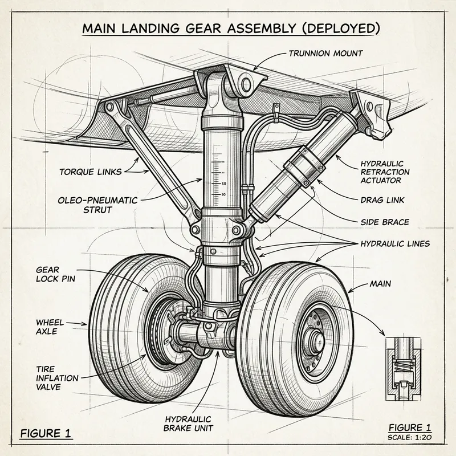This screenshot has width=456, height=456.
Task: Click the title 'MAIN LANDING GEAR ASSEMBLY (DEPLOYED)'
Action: (228, 28)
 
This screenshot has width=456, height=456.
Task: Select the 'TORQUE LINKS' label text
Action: (91, 170)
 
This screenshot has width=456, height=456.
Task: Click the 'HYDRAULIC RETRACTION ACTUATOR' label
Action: (385, 172)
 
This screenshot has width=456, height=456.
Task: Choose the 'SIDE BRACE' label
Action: (385, 222)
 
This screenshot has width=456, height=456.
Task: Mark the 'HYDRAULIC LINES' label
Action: (394, 243)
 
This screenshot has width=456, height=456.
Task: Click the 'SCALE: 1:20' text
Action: (409, 437)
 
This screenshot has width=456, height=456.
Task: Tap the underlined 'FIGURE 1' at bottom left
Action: (46, 433)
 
